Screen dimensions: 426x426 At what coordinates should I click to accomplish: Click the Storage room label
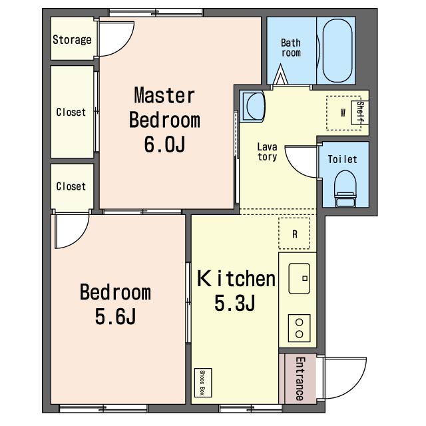[72, 40]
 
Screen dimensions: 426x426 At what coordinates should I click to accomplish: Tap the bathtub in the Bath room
[337, 51]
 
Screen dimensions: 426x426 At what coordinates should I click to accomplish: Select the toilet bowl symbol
[345, 188]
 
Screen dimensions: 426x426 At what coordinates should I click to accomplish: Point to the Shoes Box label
[202, 383]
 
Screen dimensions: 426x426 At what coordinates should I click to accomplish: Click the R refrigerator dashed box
[294, 234]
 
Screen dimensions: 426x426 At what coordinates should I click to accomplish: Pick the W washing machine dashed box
[343, 112]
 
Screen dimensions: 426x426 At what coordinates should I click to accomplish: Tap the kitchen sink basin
[299, 278]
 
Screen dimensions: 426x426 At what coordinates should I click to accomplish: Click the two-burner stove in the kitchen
[299, 328]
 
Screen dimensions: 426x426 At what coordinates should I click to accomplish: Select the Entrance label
[300, 379]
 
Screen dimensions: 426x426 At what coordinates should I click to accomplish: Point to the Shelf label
[360, 112]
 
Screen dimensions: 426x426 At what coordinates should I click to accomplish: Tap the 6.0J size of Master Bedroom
[164, 144]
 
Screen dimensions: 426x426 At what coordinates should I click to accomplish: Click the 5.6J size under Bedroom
[115, 316]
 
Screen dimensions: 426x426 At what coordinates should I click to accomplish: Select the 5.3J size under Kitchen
[235, 303]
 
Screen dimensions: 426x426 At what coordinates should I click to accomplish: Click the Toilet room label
[342, 159]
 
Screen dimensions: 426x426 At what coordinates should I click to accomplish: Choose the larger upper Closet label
[71, 112]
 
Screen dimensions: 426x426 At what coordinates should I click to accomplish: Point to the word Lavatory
[268, 152]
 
